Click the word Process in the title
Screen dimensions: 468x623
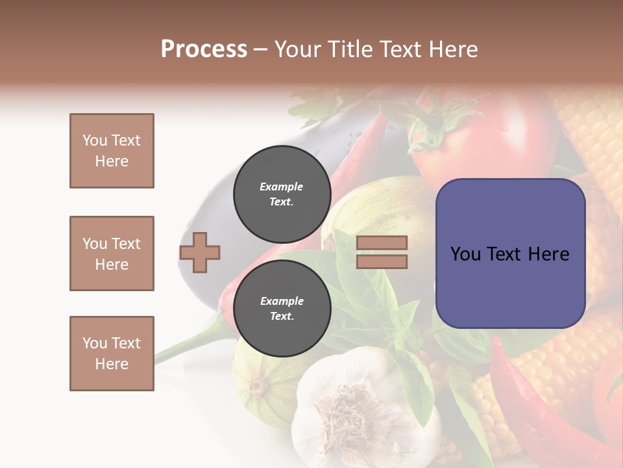click(204, 49)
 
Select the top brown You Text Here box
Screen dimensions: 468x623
click(112, 151)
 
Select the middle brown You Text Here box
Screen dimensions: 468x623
click(112, 253)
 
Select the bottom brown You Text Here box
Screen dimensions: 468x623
click(112, 354)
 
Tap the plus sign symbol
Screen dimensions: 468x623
click(200, 252)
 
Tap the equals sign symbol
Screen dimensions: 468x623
click(382, 252)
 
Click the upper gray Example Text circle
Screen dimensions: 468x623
click(282, 194)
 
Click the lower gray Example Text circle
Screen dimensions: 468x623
click(282, 308)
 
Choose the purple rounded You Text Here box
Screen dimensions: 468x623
click(510, 253)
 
